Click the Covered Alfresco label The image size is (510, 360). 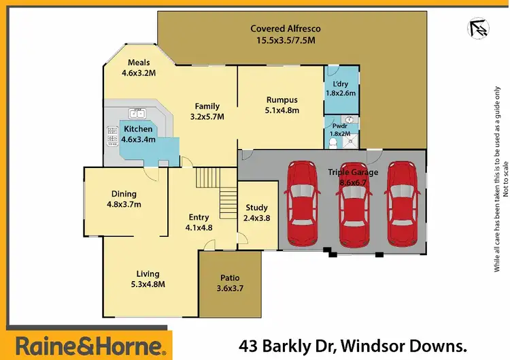point(286,34)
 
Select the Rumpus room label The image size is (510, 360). point(282,105)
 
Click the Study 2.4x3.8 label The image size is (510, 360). point(256,213)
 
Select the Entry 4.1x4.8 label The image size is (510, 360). point(200,223)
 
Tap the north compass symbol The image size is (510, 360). point(480,28)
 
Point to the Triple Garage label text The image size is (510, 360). point(349,172)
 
